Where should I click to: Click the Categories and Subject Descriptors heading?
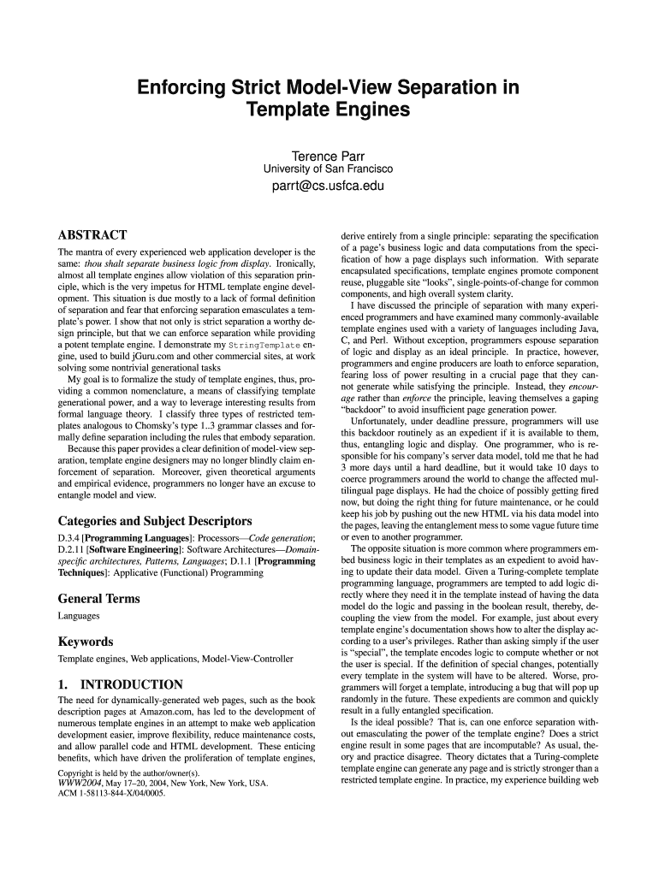click(x=154, y=520)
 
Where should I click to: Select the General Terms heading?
click(x=98, y=599)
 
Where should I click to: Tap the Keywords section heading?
click(x=86, y=642)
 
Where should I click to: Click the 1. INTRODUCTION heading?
click(x=120, y=684)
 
